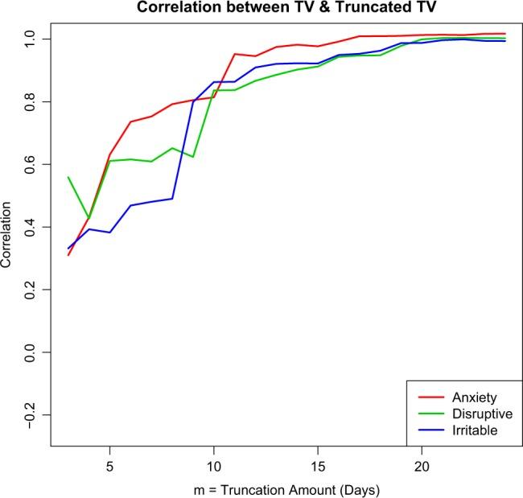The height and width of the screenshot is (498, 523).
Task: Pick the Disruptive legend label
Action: [x=481, y=414]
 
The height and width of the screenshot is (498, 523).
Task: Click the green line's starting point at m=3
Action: [x=68, y=177]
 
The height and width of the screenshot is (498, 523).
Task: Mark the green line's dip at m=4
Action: [x=89, y=218]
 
